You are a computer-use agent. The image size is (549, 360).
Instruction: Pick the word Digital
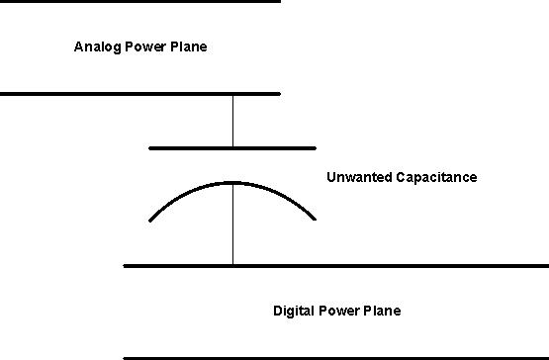(293, 312)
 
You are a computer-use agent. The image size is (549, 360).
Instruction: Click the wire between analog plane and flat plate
(233, 120)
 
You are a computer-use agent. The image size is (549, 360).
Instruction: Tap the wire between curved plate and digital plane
(233, 225)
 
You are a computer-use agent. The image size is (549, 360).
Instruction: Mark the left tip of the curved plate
(149, 219)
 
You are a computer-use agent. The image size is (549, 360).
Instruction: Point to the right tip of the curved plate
(315, 219)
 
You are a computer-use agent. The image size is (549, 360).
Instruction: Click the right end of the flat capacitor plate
(315, 147)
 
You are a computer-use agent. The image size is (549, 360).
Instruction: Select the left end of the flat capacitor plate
(150, 147)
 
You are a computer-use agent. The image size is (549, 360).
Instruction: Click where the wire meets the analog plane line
(233, 94)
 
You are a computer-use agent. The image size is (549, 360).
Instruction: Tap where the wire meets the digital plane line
(233, 265)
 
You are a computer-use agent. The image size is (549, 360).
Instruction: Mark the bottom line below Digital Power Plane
(336, 357)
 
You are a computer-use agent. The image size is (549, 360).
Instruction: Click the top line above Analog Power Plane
(138, 1)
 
